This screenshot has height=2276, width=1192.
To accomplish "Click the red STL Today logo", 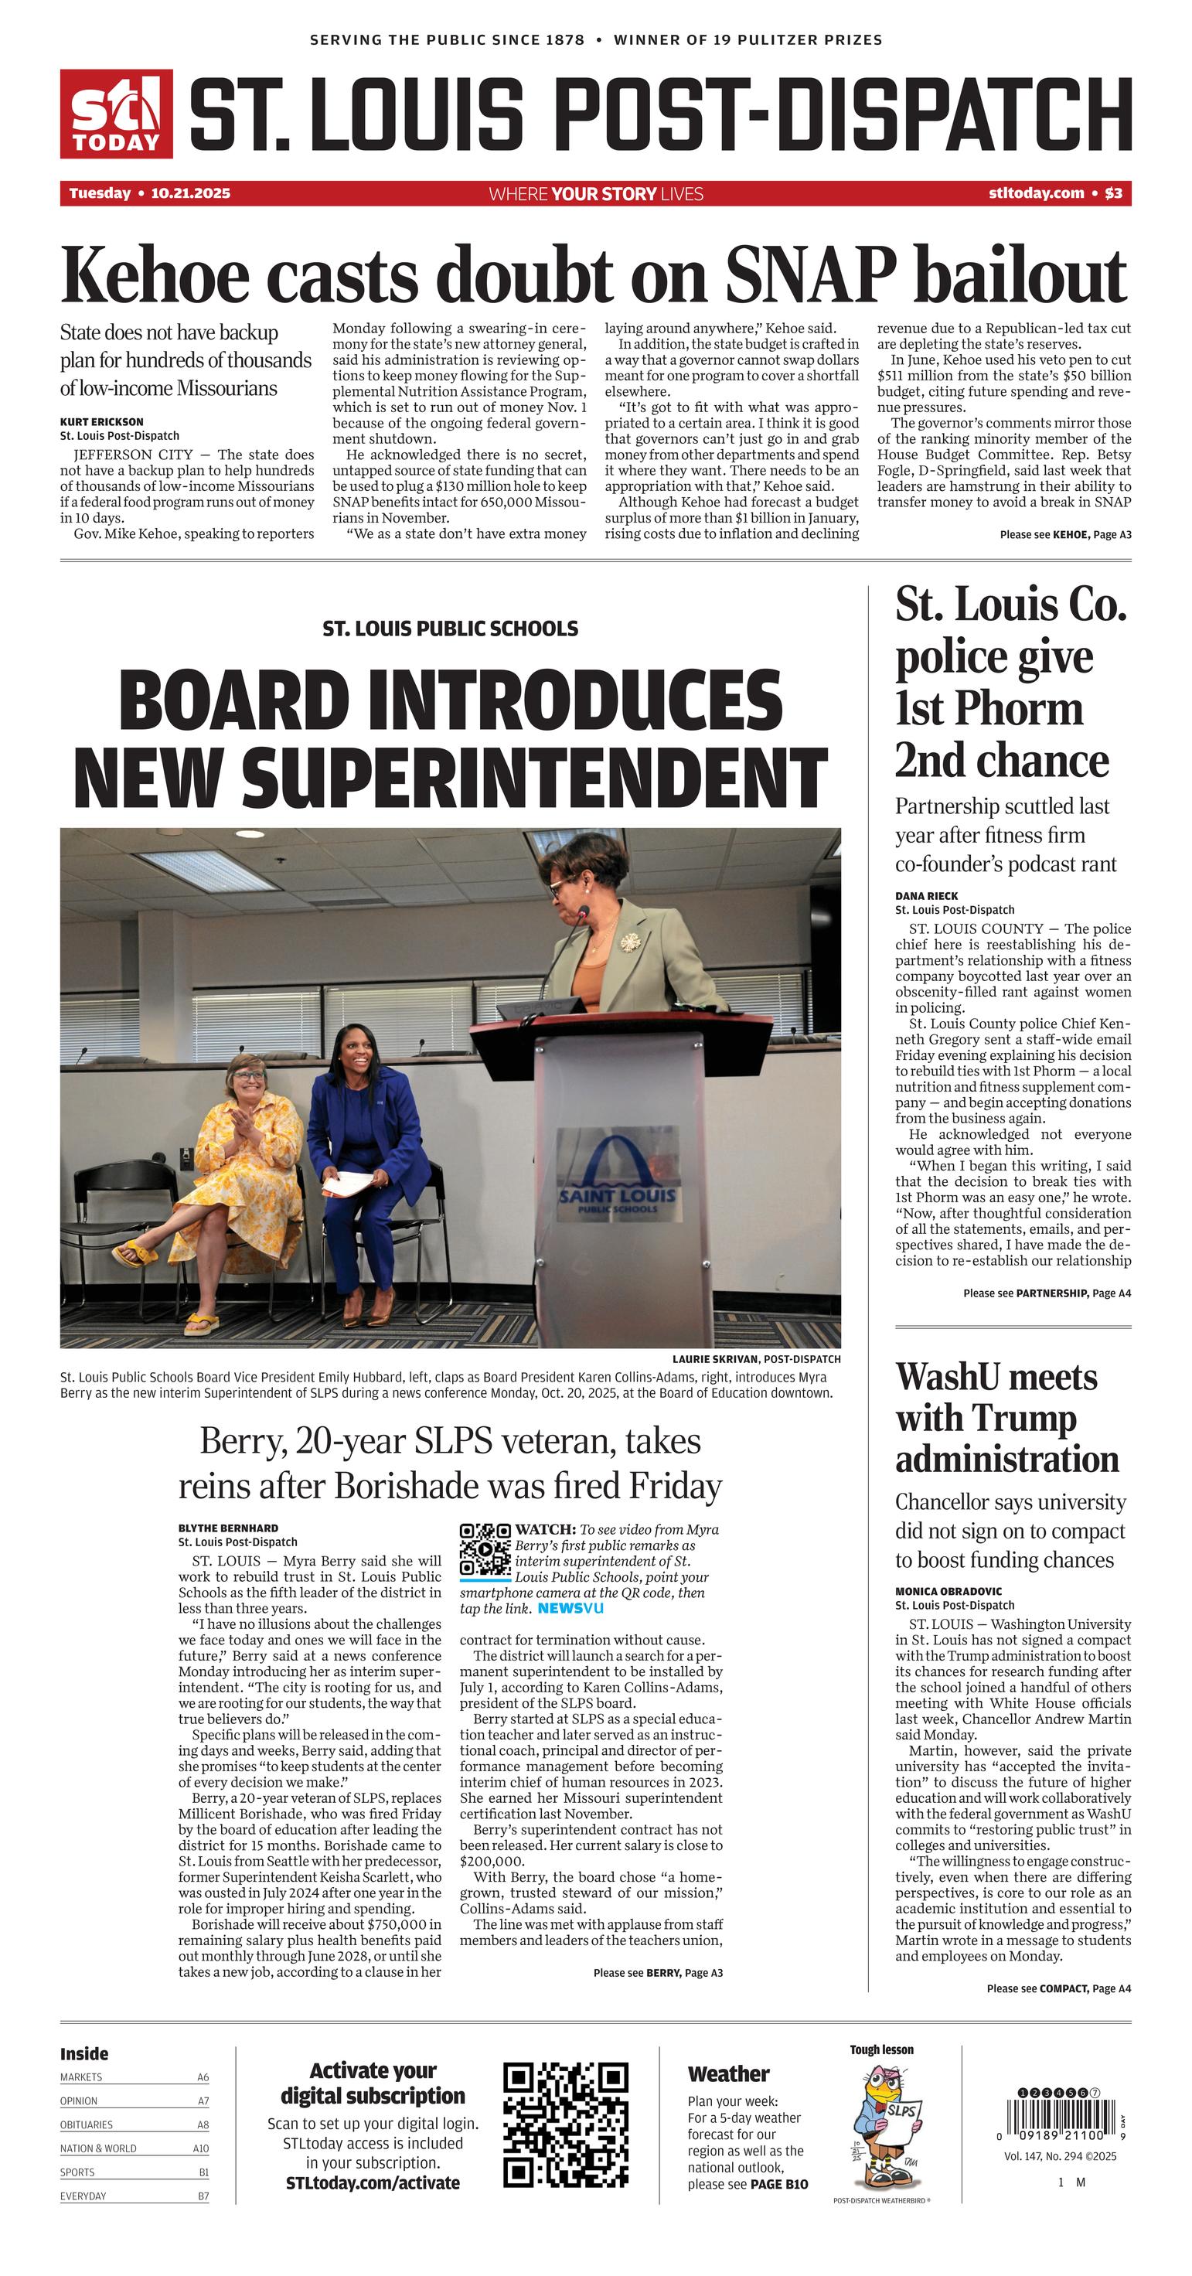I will coord(116,114).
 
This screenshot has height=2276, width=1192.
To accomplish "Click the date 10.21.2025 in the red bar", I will coord(190,193).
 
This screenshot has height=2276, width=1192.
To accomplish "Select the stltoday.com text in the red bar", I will coord(1036,193).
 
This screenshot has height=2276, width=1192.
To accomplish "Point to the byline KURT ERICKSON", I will coord(101,421).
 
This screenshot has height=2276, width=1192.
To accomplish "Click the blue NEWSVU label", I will coord(570,1608).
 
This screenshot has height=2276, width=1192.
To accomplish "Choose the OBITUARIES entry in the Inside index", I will coord(87,2124).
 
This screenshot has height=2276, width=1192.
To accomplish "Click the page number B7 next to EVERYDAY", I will coord(203,2196).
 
